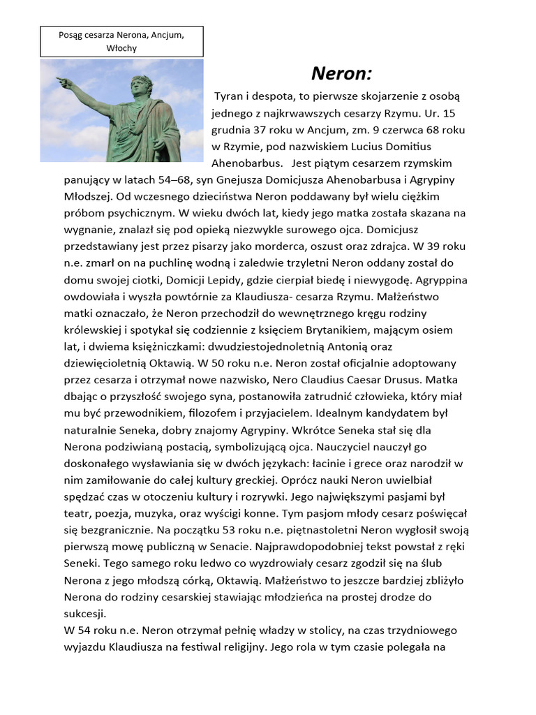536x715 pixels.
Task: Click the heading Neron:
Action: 341,73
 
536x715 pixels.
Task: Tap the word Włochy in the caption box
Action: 122,47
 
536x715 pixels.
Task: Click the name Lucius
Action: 359,147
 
